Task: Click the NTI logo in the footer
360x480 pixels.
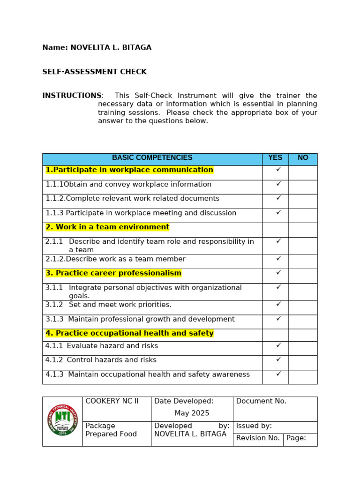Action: click(x=62, y=420)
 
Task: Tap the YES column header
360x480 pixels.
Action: click(x=275, y=158)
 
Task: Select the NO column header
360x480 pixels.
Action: click(x=303, y=158)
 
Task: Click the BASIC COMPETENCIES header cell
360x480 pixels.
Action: click(x=152, y=158)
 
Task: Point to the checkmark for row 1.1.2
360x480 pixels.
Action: click(x=278, y=198)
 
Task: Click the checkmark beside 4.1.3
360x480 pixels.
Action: click(x=278, y=374)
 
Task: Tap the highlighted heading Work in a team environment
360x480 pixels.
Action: click(x=107, y=227)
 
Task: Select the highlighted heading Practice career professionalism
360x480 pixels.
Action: click(x=113, y=273)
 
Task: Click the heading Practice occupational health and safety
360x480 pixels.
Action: click(x=129, y=333)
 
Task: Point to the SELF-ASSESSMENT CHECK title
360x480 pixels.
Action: click(x=94, y=72)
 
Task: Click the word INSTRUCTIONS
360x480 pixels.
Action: click(x=72, y=96)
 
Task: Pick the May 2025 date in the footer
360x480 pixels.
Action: click(x=192, y=413)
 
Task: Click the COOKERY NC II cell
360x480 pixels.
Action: click(x=112, y=401)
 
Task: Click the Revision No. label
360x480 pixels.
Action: click(x=258, y=438)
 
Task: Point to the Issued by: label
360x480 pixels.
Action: click(x=254, y=426)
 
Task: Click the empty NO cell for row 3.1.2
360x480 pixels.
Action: click(x=303, y=307)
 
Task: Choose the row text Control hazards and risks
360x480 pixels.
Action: click(x=112, y=360)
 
